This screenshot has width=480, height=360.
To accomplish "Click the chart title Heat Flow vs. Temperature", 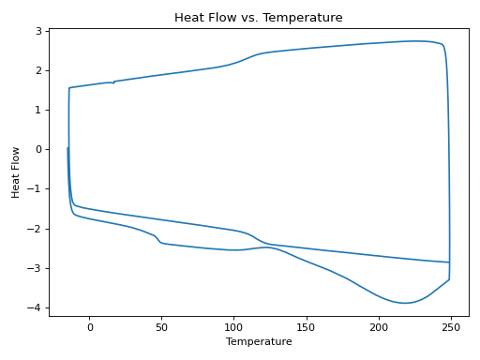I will pyautogui.click(x=258, y=18).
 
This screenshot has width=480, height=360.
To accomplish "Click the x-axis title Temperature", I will pyautogui.click(x=258, y=342).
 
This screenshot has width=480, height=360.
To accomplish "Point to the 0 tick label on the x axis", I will pyautogui.click(x=90, y=327).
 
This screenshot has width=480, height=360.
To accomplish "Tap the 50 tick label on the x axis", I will pyautogui.click(x=162, y=327).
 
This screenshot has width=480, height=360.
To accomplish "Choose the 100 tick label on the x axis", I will pyautogui.click(x=234, y=327).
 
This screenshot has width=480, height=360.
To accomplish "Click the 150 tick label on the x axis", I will pyautogui.click(x=307, y=327).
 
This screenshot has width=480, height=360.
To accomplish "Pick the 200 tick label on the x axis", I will pyautogui.click(x=379, y=327).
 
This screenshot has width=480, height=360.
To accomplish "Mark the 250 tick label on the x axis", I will pyautogui.click(x=451, y=327).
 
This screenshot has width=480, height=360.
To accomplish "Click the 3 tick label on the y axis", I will pyautogui.click(x=39, y=31).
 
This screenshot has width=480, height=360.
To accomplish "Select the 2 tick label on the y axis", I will pyautogui.click(x=39, y=70).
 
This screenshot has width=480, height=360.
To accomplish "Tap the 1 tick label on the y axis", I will pyautogui.click(x=39, y=110).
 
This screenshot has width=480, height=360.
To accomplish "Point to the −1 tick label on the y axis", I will pyautogui.click(x=37, y=189).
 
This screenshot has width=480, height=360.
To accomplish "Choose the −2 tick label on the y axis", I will pyautogui.click(x=37, y=229).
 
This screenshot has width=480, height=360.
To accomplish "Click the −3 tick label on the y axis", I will pyautogui.click(x=37, y=268).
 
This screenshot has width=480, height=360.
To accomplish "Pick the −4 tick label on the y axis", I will pyautogui.click(x=37, y=307).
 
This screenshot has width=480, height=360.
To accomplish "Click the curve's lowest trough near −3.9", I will pyautogui.click(x=405, y=303).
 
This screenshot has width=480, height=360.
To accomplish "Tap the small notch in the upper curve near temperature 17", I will pyautogui.click(x=114, y=82).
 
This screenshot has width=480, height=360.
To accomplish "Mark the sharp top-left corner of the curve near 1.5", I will pyautogui.click(x=69, y=88).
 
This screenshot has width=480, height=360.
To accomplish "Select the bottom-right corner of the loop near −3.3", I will pyautogui.click(x=449, y=279).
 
